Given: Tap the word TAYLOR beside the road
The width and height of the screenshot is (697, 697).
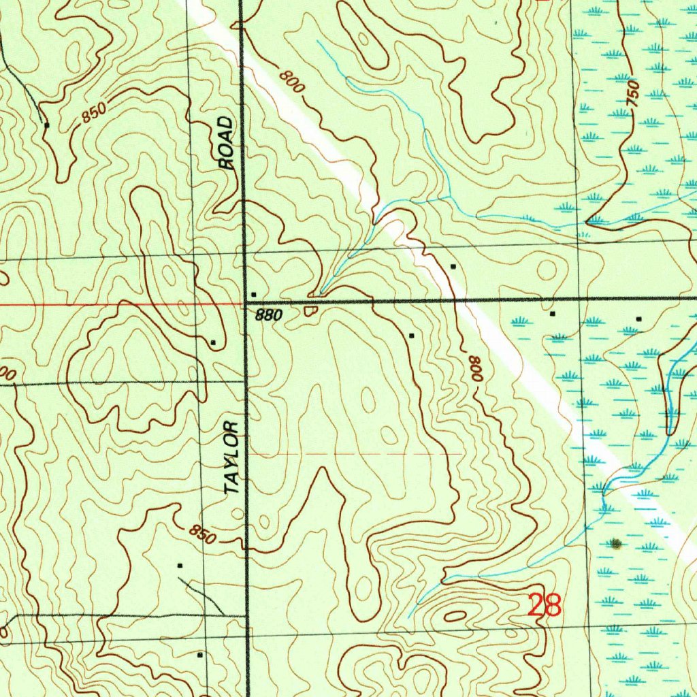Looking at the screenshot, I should pos(232,457).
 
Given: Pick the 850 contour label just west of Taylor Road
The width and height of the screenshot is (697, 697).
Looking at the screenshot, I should pos(202,534).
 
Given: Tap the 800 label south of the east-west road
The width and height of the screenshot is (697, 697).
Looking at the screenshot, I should pos(476,368).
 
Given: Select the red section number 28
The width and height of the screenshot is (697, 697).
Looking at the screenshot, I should pos(545,604).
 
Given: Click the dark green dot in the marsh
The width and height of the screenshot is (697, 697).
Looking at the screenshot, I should pos(616,543).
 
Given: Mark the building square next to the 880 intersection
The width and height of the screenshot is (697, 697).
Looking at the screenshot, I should pos(254,294).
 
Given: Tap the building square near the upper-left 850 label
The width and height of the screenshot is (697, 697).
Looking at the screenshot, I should pos(46,125).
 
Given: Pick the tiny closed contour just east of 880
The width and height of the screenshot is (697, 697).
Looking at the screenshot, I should pos(310,311).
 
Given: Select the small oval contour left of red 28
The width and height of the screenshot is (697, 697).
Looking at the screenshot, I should pos(454,616).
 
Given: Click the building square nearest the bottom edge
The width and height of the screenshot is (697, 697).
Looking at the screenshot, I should pos(199,655).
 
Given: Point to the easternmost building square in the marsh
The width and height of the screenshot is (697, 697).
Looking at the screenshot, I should pos(638,319).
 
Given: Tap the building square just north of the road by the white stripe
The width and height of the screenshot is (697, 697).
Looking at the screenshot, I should pos(453,267).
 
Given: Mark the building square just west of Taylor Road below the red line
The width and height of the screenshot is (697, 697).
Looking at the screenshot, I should pos(213,342).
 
